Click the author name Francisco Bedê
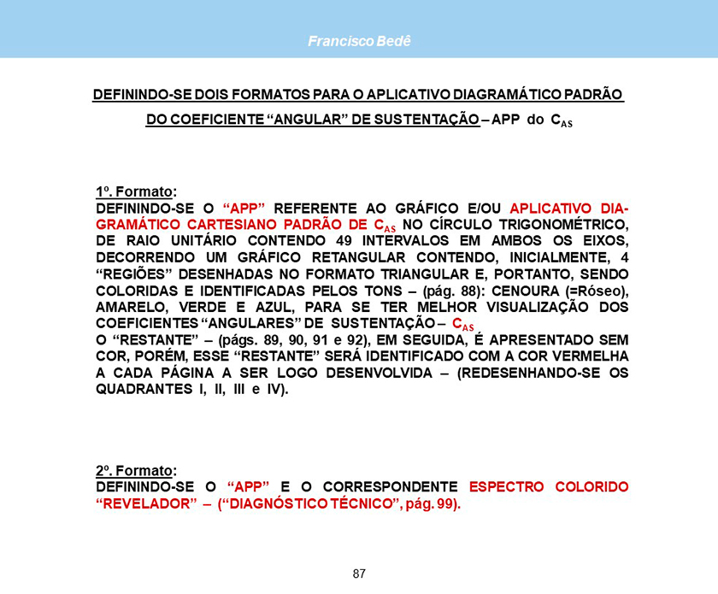pos(359,41)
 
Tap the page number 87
pos(359,573)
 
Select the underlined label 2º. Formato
pos(134,470)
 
